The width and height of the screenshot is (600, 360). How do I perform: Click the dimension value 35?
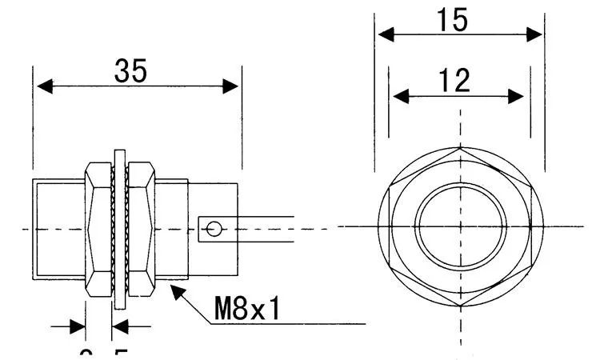point(130,72)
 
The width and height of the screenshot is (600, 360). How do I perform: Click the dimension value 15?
point(452,20)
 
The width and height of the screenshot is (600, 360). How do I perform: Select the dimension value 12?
point(454,81)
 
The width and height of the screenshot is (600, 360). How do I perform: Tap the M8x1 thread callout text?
point(246,308)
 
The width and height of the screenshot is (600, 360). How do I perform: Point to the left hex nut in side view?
point(99,230)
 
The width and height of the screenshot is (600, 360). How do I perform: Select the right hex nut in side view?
point(142,230)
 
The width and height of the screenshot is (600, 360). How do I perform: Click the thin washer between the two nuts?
point(120,230)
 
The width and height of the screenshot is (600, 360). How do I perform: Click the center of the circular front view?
point(460,227)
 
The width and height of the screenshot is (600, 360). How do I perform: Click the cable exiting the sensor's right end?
point(264,228)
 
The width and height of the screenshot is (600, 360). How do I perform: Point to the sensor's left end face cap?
point(58,230)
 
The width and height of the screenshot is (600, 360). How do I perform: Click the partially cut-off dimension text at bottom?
point(103,353)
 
